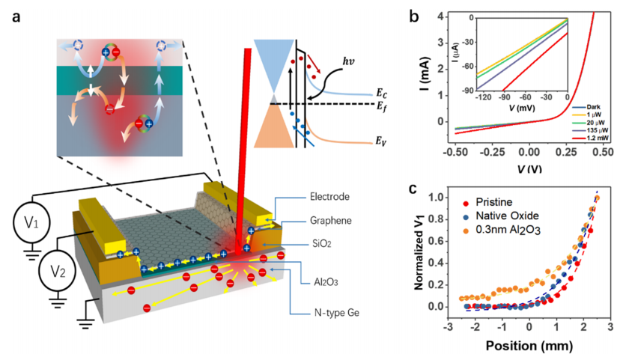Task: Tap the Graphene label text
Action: pyautogui.click(x=330, y=221)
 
